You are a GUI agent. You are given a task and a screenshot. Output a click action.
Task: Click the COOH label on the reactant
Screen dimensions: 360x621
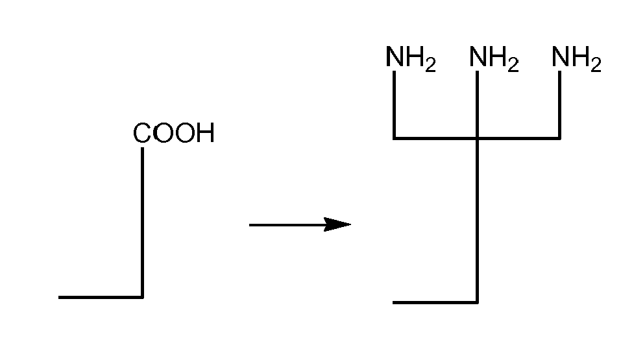(173, 134)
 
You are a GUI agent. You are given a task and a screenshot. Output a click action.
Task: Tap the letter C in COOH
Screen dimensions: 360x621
(141, 134)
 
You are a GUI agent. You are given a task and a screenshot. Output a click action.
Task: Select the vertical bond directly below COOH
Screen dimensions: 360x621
(142, 221)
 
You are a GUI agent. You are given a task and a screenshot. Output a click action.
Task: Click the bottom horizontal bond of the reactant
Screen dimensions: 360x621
(101, 297)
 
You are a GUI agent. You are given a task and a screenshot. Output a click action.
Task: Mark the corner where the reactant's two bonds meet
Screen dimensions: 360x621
(142, 297)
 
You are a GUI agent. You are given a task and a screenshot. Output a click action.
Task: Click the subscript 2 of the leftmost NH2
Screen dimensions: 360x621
(430, 66)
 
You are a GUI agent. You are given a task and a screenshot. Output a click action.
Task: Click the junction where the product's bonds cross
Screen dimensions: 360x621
(477, 138)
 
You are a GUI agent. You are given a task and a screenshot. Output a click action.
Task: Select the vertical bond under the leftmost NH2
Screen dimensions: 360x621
(395, 104)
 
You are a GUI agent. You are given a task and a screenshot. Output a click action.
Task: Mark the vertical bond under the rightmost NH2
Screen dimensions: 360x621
(559, 104)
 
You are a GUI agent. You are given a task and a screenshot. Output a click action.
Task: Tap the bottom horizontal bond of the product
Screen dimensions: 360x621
(435, 302)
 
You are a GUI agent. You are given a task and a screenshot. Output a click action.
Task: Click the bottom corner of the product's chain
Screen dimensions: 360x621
(477, 302)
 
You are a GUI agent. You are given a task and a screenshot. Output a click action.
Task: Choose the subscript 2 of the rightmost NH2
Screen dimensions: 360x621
(596, 66)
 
